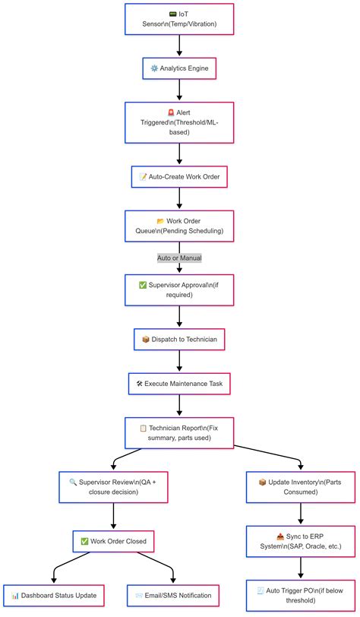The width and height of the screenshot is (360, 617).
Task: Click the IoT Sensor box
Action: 179,19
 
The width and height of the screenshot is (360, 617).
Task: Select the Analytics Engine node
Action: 179,68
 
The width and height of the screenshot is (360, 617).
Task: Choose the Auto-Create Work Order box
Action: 179,176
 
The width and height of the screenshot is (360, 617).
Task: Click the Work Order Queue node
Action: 179,226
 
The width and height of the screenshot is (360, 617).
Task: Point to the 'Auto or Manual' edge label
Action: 179,258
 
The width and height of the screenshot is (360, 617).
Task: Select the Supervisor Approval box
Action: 179,290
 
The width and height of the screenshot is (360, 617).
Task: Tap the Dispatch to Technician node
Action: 179,340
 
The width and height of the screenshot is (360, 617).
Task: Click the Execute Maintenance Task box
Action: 179,384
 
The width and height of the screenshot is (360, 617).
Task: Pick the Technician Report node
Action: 179,433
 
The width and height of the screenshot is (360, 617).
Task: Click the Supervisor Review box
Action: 113,488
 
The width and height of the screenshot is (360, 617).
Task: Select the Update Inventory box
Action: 301,488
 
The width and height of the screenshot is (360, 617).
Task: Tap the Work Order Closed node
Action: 113,541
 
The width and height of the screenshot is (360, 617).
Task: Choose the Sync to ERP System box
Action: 301,541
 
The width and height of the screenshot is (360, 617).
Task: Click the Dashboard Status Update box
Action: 54,595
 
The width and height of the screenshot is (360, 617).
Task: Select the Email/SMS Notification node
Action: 174,595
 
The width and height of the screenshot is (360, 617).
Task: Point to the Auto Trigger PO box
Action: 301,595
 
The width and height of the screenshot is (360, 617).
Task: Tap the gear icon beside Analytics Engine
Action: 155,68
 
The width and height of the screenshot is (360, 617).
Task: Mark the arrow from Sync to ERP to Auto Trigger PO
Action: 301,568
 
